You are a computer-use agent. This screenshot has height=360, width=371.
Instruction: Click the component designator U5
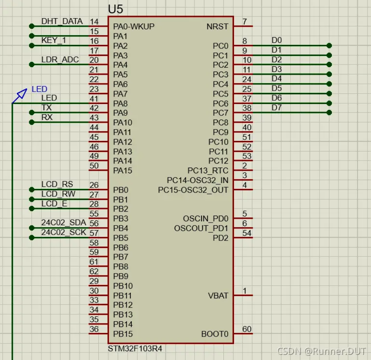(116, 9)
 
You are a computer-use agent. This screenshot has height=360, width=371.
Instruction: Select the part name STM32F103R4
(135, 348)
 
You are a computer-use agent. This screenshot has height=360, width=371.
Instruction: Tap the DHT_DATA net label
(62, 21)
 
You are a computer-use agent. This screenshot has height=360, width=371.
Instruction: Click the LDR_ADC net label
(60, 60)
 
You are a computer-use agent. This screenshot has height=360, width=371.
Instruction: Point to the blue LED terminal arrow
(20, 96)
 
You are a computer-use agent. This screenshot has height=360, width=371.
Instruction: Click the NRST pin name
(218, 27)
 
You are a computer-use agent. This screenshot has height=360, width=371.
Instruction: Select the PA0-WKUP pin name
(134, 27)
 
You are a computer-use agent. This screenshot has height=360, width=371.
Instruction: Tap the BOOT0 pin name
(215, 334)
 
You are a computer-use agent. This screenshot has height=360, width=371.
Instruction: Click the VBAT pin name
(218, 296)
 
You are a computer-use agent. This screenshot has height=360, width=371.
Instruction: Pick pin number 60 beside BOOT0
(247, 329)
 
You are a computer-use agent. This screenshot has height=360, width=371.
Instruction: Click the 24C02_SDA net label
(64, 223)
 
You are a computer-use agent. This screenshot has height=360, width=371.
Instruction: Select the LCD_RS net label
(57, 184)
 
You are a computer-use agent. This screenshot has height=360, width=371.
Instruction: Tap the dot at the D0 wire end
(329, 45)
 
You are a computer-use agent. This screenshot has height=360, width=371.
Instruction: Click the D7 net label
(277, 108)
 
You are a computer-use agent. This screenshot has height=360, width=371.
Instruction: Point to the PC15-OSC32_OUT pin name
(193, 190)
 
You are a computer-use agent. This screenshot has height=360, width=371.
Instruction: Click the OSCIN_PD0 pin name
(206, 219)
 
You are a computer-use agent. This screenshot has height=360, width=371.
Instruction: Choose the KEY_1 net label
(54, 40)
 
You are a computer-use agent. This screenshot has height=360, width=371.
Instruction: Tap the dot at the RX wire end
(32, 122)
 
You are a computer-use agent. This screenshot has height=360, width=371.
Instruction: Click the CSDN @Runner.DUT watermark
(321, 352)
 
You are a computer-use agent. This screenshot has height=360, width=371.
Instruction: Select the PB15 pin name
(123, 334)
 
